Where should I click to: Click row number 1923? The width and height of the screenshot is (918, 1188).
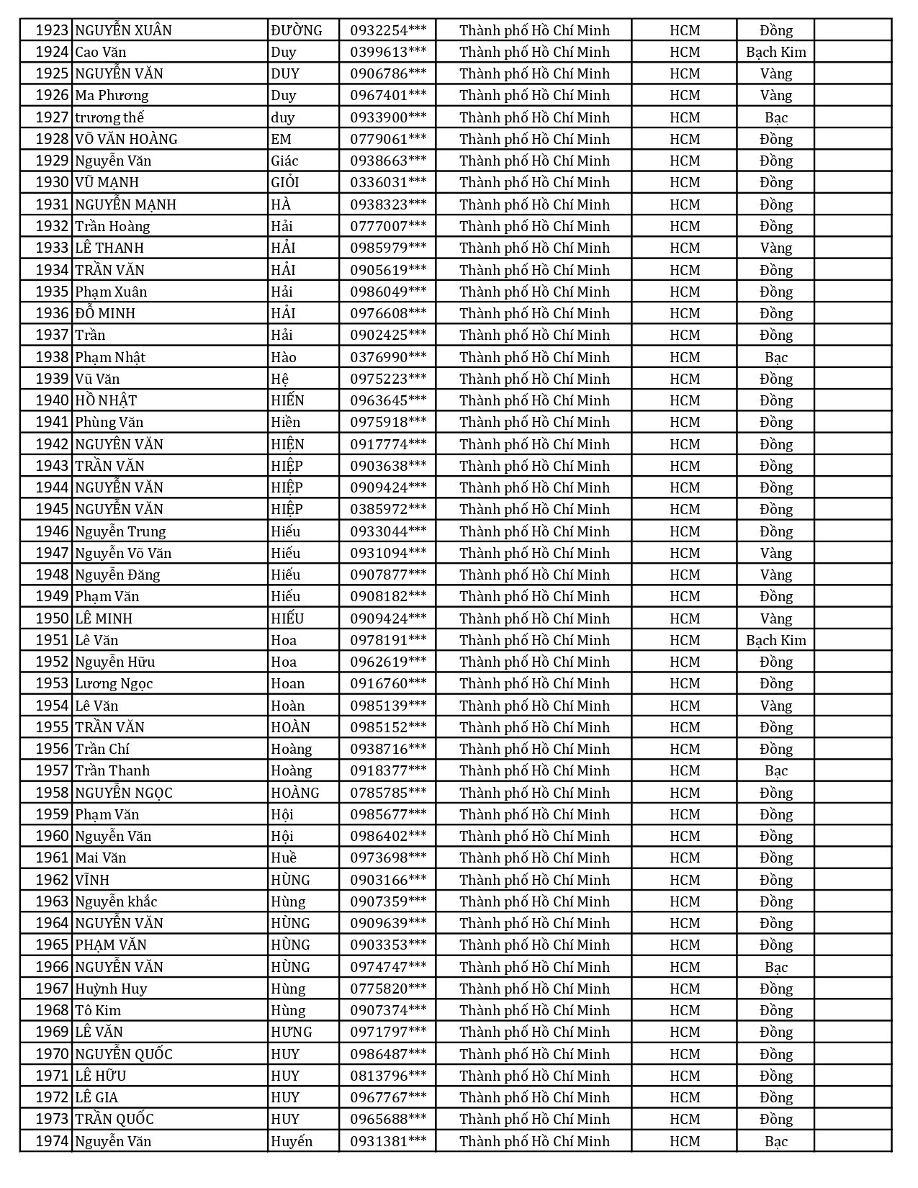click(x=52, y=30)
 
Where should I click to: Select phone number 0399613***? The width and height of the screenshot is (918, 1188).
click(x=388, y=52)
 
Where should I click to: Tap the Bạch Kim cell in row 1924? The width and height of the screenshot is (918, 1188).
click(x=775, y=52)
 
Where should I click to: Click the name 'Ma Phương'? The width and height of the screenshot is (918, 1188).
click(x=112, y=95)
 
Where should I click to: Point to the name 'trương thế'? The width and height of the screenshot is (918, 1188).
click(x=109, y=117)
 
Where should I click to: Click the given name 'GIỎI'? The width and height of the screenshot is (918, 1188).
click(x=284, y=182)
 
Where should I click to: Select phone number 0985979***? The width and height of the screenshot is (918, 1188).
click(x=388, y=248)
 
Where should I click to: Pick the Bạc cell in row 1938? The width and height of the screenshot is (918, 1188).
click(x=775, y=357)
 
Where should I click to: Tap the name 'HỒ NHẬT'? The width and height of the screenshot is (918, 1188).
click(x=106, y=400)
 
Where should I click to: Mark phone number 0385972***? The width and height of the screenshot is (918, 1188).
click(x=388, y=509)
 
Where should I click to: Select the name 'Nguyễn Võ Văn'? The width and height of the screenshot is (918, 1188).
click(x=123, y=553)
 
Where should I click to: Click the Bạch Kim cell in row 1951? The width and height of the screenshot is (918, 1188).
click(x=775, y=640)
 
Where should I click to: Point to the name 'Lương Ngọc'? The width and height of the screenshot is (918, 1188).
click(x=114, y=683)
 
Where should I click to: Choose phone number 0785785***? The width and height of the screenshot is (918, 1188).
click(x=388, y=793)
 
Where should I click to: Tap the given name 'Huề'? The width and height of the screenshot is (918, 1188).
click(x=283, y=858)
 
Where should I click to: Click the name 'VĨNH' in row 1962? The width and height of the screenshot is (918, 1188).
click(x=92, y=880)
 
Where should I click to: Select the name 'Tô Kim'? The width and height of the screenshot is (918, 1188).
click(x=98, y=1010)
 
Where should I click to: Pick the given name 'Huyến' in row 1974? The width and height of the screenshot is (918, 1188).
click(x=292, y=1141)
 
